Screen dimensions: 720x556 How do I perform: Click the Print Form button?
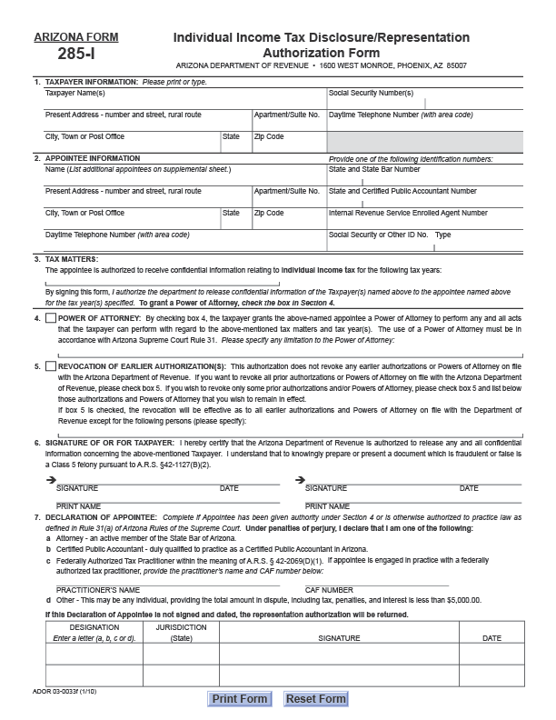pyautogui.click(x=240, y=698)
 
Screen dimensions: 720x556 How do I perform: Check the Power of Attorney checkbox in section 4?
pyautogui.click(x=50, y=319)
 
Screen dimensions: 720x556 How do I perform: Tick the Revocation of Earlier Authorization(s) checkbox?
pyautogui.click(x=50, y=366)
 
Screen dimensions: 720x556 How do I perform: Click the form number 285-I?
pyautogui.click(x=75, y=55)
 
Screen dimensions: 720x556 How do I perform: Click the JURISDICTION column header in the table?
pyautogui.click(x=181, y=627)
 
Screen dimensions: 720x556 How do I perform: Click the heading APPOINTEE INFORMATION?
pyautogui.click(x=93, y=158)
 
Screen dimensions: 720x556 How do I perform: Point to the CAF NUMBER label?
pyautogui.click(x=330, y=590)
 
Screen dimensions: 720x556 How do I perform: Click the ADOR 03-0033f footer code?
pyautogui.click(x=56, y=692)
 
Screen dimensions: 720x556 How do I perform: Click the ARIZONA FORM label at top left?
pyautogui.click(x=75, y=37)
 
